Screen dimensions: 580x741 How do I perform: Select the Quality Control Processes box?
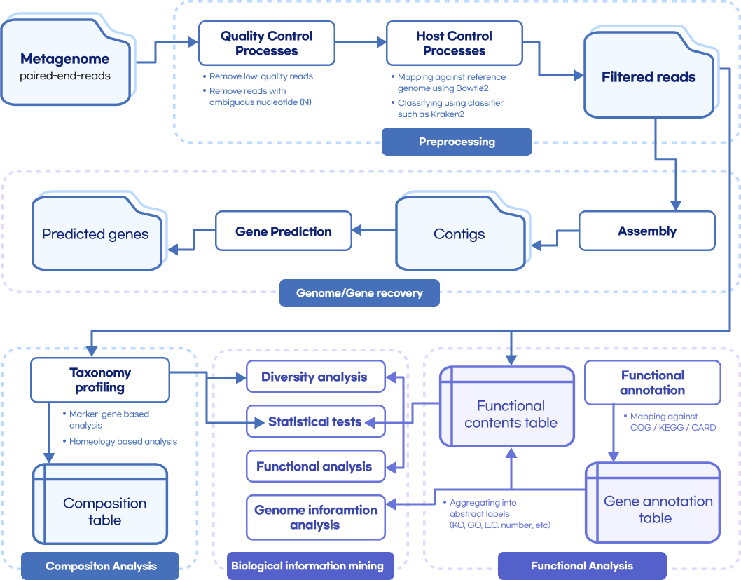click(266, 43)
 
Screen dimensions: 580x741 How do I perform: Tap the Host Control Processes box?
click(454, 43)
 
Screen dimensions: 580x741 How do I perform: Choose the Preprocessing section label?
click(457, 142)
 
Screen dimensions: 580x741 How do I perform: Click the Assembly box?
click(646, 231)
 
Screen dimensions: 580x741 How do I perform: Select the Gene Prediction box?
click(283, 231)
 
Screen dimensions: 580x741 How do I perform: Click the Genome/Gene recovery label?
click(359, 293)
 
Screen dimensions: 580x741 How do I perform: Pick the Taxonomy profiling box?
click(100, 380)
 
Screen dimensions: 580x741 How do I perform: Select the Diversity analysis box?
click(314, 377)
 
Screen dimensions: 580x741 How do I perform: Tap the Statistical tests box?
click(314, 421)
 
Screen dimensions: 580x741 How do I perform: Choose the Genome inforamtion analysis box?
click(315, 518)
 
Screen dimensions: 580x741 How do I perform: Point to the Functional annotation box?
click(652, 382)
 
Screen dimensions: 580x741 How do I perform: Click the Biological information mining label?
click(307, 565)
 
